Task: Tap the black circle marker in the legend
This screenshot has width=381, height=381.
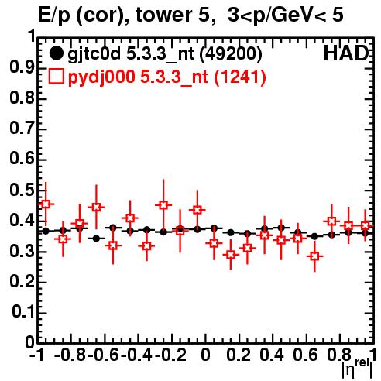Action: pyautogui.click(x=56, y=54)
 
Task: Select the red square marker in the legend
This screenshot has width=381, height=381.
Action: pyautogui.click(x=56, y=77)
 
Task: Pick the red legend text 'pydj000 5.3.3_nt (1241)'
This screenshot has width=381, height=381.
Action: pyautogui.click(x=167, y=77)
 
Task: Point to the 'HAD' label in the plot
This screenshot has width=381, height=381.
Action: pyautogui.click(x=346, y=53)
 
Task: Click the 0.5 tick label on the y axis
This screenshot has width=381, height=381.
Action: pyautogui.click(x=22, y=190)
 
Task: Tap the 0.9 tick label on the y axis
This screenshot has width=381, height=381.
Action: pyautogui.click(x=22, y=67)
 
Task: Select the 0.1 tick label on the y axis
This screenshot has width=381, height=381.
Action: pyautogui.click(x=23, y=312)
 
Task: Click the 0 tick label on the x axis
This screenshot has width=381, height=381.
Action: pyautogui.click(x=205, y=355)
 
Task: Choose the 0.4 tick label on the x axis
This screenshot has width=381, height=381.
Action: pyautogui.click(x=272, y=355)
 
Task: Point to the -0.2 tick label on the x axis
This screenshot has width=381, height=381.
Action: pyautogui.click(x=170, y=355)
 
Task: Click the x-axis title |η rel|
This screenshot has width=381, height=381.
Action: pyautogui.click(x=357, y=368)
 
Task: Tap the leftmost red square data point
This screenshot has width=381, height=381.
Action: pyautogui.click(x=46, y=204)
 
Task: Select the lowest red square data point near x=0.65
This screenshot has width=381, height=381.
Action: pyautogui.click(x=314, y=256)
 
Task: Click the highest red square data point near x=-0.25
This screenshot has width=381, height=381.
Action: pyautogui.click(x=163, y=205)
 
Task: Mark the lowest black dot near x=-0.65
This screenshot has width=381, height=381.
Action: pyautogui.click(x=96, y=239)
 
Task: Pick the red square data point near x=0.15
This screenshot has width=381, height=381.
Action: pyautogui.click(x=231, y=255)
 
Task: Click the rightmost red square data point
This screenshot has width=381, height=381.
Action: pyautogui.click(x=365, y=225)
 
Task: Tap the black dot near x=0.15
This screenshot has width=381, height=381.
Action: pyautogui.click(x=231, y=232)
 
